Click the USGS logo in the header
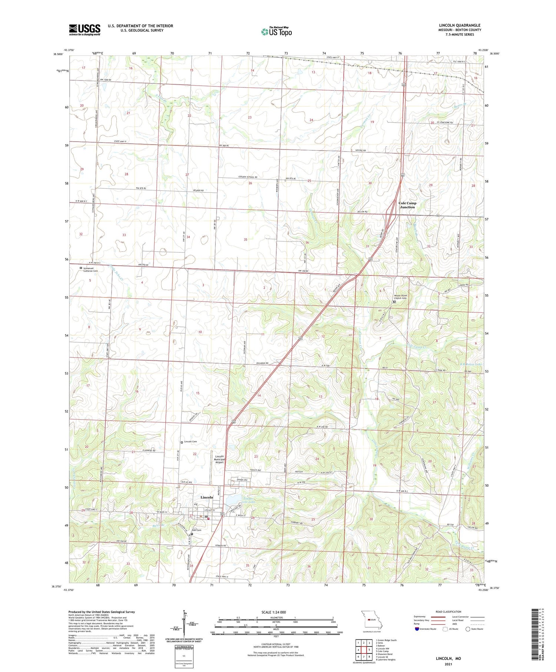(85, 30)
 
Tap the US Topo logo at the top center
(276, 32)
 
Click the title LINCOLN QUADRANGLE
(459, 25)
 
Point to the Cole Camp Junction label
(407, 205)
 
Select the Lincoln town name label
(207, 497)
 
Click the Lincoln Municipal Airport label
(219, 459)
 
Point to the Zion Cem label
(196, 530)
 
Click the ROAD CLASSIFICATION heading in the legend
(448, 612)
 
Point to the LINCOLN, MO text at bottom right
(448, 658)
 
